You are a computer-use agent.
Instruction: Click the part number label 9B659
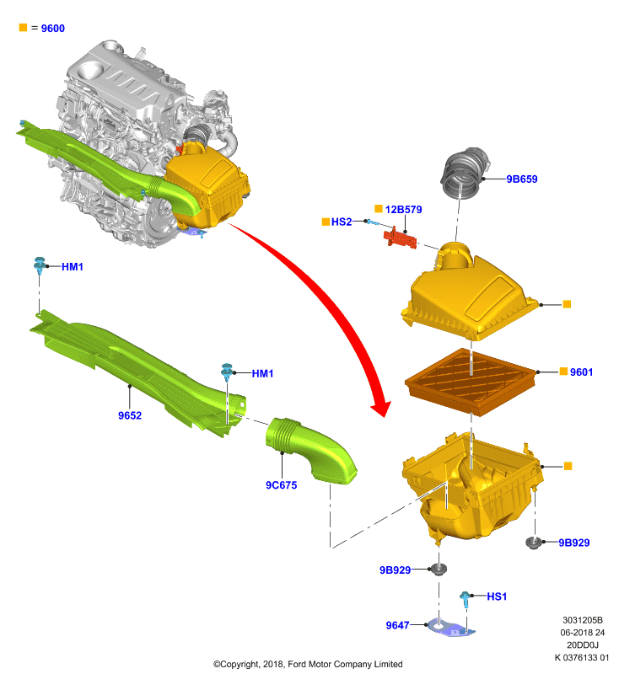pos(522,179)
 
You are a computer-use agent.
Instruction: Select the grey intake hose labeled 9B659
pos(465,173)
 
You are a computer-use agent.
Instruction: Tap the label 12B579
pos(403,209)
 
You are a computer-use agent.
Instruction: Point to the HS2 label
pos(342,222)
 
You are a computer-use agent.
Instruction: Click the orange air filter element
pos(471,382)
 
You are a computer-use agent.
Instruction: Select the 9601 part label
pos(581,372)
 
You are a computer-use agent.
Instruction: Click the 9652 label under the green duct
pos(130,415)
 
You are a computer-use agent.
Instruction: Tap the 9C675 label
pos(282,485)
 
